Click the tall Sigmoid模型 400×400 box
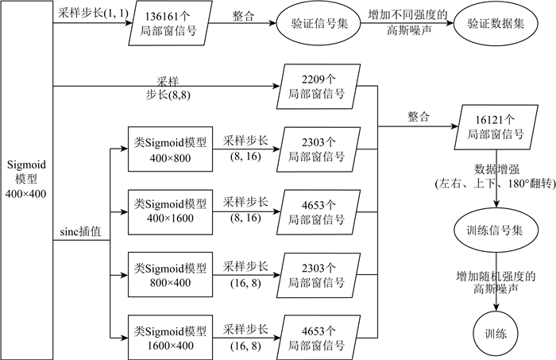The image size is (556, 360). (x=26, y=180)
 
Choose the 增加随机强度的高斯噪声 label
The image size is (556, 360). (x=496, y=282)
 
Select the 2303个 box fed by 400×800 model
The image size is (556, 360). (x=317, y=149)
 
